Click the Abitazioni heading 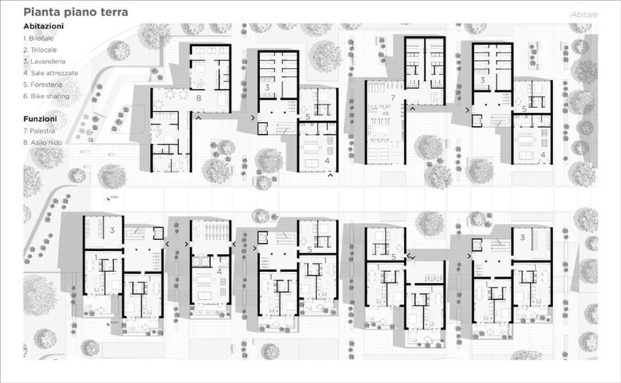tap(43, 26)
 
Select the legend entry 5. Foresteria tap(45, 85)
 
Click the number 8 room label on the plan tap(198, 97)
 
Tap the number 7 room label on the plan tap(393, 97)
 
